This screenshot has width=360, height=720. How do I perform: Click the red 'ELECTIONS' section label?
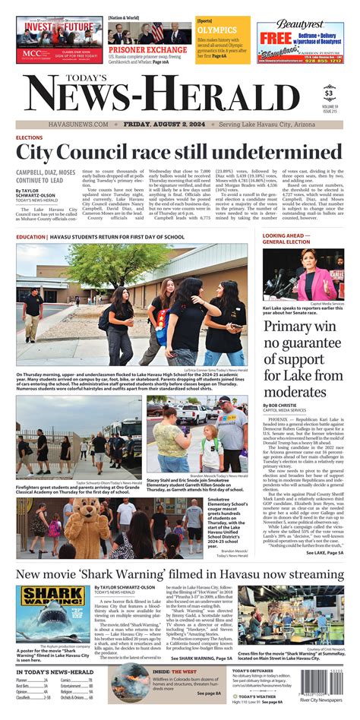coord(30,138)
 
